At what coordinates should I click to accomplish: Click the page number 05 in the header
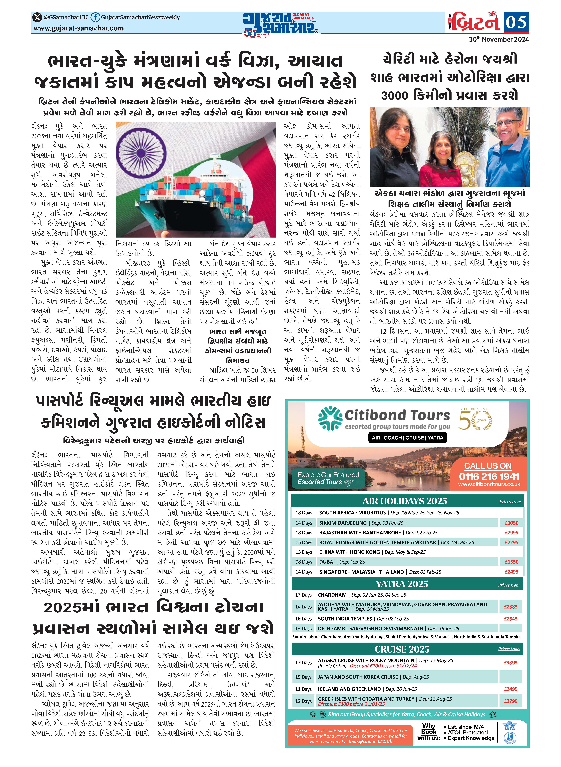point(516,22)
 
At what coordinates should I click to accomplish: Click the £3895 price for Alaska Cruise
point(510,663)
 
